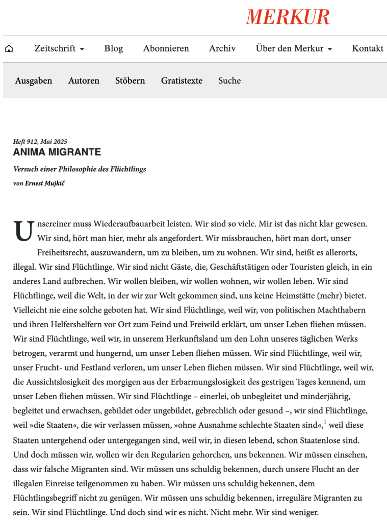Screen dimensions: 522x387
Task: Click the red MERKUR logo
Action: point(288,17)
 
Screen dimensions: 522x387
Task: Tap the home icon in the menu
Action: point(9,49)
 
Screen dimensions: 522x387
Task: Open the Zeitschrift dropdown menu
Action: point(59,48)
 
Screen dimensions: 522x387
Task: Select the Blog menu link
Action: point(113,48)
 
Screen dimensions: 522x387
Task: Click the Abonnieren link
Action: point(166,48)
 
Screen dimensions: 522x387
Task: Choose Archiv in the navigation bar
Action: point(222,48)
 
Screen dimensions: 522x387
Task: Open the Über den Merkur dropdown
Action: point(294,48)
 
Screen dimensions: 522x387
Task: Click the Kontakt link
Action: point(367,48)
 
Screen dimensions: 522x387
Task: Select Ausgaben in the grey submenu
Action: point(34,81)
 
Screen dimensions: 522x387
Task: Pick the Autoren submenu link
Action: point(84,81)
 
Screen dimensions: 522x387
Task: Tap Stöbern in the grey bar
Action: point(130,81)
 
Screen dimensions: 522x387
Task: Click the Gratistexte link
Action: point(182,81)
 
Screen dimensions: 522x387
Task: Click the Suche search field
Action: point(229,81)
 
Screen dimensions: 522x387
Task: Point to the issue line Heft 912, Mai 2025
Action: point(40,141)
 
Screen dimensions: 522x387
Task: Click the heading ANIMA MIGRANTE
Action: point(57,152)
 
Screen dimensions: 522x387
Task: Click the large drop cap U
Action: point(23,231)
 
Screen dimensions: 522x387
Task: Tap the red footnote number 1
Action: point(325,423)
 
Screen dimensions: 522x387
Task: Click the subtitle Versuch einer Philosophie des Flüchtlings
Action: point(80,169)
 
